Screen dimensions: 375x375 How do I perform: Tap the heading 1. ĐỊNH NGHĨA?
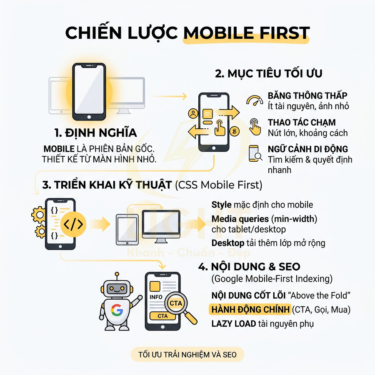pos(95,133)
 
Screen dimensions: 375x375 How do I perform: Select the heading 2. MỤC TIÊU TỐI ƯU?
pos(269,74)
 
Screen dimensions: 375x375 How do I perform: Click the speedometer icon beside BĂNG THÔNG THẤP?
pos(255,100)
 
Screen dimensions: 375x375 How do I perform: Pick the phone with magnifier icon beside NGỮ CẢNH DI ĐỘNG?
pos(255,153)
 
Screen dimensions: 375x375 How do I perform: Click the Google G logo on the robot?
pos(117,310)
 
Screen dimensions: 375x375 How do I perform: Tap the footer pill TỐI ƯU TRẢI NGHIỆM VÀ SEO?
pos(184,355)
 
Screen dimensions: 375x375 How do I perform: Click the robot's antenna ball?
pos(117,275)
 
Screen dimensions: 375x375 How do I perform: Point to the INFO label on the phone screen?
pos(156,297)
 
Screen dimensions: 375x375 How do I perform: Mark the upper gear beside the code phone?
pos(38,214)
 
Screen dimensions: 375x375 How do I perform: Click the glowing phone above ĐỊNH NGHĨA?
pos(89,92)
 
